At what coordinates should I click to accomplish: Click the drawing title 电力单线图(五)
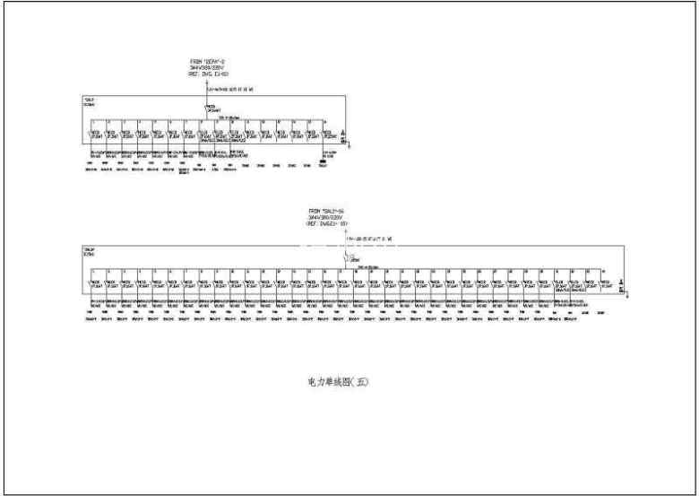(x=338, y=381)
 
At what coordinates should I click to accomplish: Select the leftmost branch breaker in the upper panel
(x=92, y=135)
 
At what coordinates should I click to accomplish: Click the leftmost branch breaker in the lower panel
(x=92, y=284)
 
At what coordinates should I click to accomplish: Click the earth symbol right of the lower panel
(x=624, y=290)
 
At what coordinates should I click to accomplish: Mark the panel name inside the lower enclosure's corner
(x=89, y=251)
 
